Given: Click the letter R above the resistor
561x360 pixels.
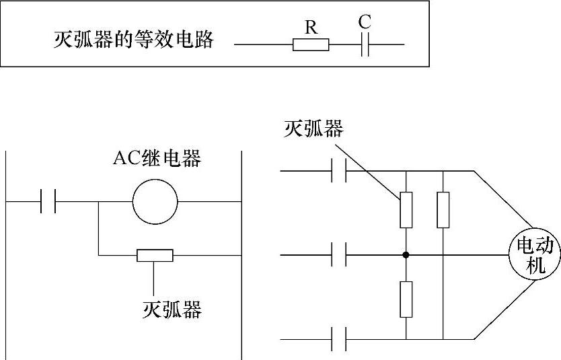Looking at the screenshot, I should pos(311,28).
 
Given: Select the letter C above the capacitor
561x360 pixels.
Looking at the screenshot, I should pos(365,22).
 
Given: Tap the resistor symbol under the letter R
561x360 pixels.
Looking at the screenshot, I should pos(311,45).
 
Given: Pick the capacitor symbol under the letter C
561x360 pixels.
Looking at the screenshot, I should pos(365,45).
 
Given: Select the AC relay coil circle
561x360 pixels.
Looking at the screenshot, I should pos(154,201).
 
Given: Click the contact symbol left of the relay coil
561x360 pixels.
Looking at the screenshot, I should pos(48,201).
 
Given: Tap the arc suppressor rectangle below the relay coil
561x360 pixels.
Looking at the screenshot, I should pos(155,255).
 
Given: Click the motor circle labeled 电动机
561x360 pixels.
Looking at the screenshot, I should pos(535,255).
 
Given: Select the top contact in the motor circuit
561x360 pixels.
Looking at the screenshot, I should pos(340,171).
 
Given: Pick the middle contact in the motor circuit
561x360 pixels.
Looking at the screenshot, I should pos(340,255).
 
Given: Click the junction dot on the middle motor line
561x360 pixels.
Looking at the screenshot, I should pos(406,255).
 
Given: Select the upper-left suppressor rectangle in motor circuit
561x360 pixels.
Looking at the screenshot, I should pos(406,210).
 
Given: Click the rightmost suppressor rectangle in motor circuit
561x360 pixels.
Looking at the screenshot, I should pos(443,210).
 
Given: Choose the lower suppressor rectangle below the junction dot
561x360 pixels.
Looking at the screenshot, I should pos(406,299).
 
